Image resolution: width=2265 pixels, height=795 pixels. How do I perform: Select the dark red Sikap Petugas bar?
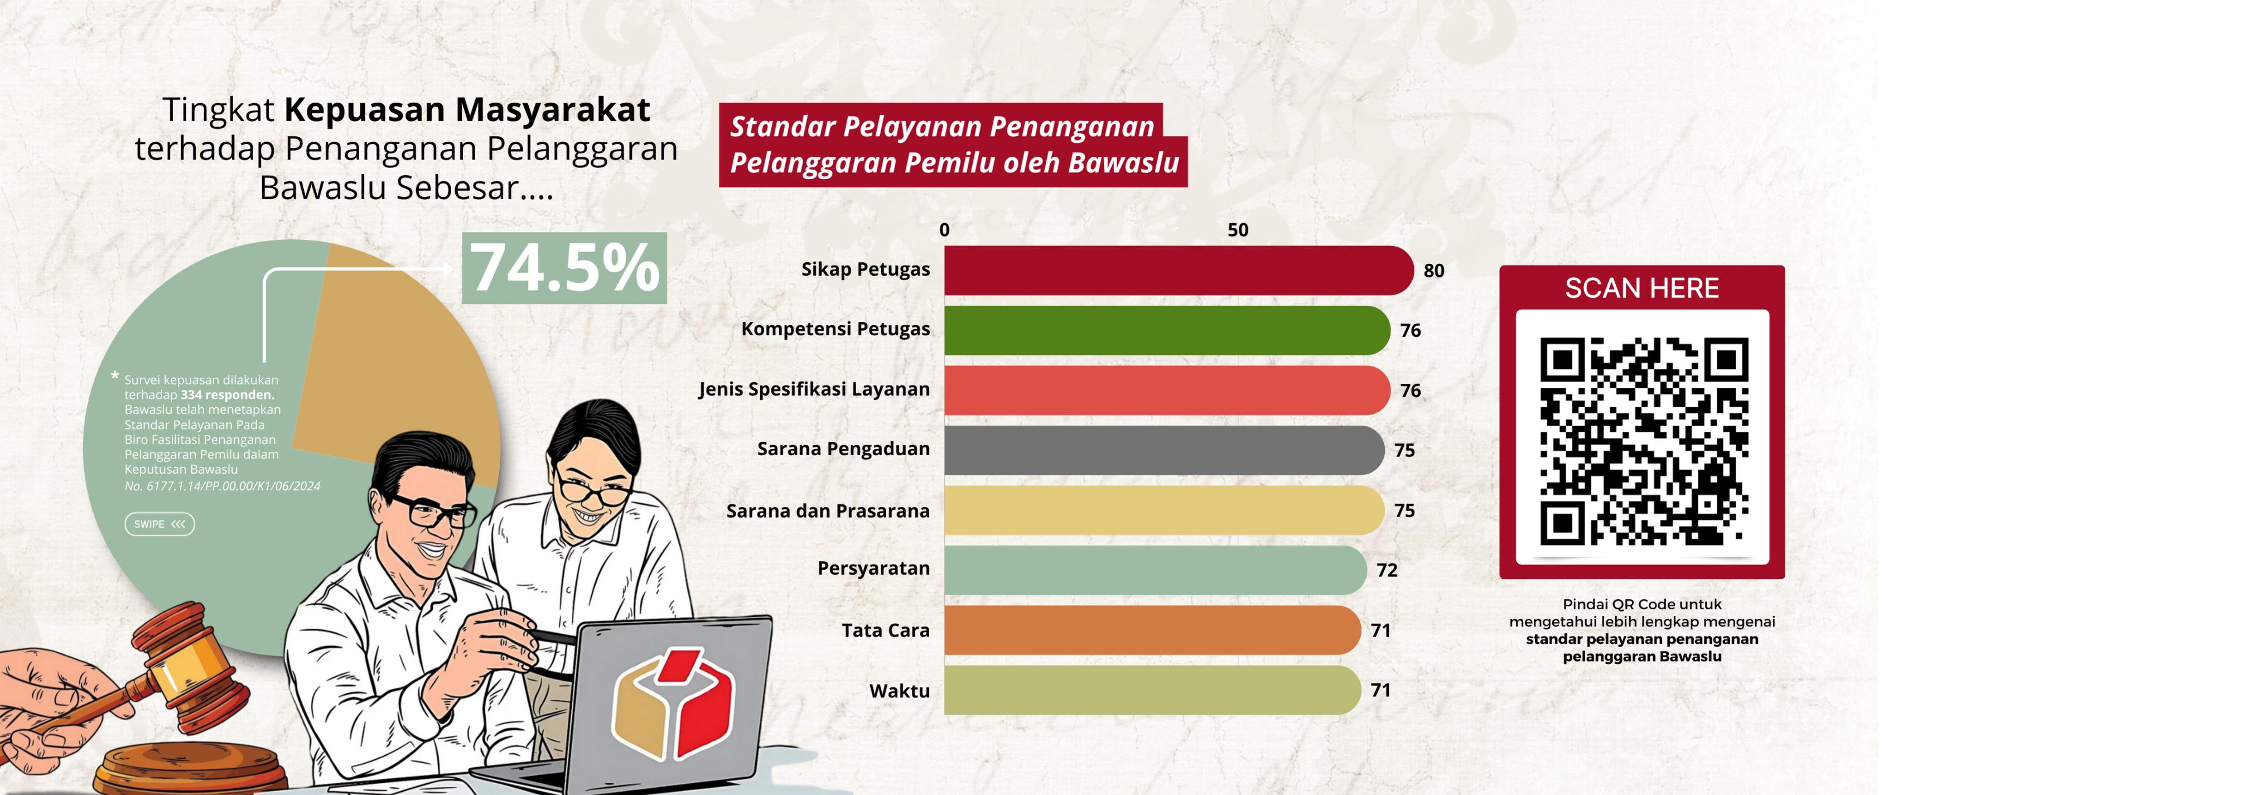(1178, 270)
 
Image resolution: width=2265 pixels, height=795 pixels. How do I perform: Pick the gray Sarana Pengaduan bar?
(1164, 450)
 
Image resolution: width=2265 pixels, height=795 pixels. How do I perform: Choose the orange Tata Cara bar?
(1152, 630)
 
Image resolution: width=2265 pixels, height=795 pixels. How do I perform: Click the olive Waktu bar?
(1152, 690)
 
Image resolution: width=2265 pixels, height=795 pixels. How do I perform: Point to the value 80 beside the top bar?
(1433, 271)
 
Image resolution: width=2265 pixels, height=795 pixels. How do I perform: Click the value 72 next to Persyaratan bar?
(1387, 570)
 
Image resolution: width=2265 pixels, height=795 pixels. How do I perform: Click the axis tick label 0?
(944, 229)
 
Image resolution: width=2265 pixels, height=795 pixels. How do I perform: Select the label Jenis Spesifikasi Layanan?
(814, 389)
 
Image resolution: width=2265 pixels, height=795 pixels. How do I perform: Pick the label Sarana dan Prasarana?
(827, 511)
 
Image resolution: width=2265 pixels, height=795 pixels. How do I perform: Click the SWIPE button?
(159, 524)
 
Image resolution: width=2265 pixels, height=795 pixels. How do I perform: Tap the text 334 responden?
(228, 395)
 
